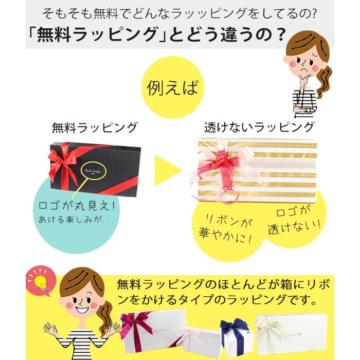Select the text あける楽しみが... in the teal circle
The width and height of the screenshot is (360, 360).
click(x=76, y=220)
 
